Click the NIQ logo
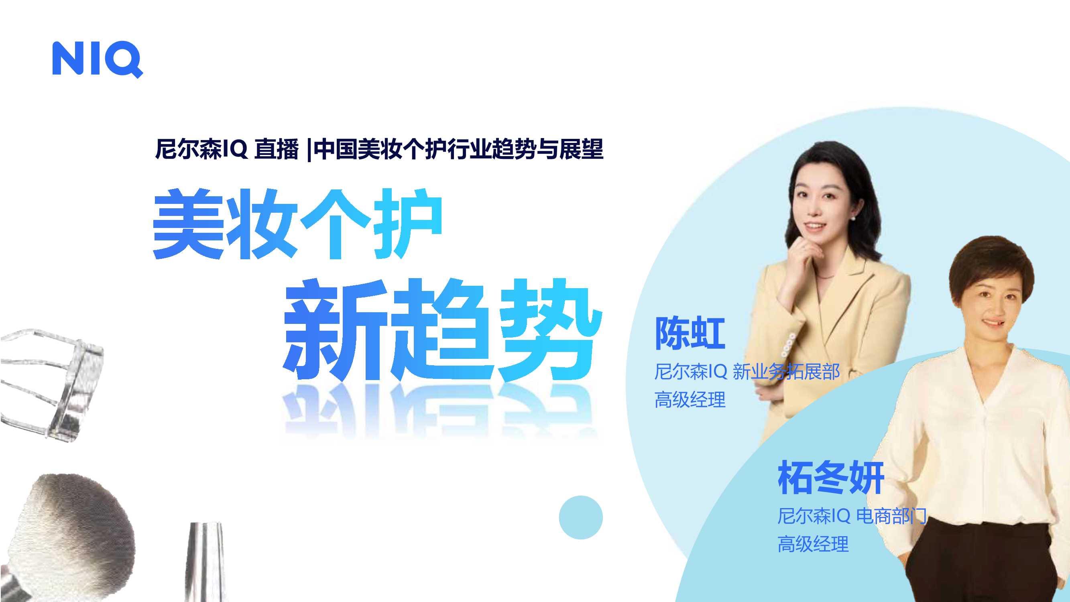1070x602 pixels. [97, 59]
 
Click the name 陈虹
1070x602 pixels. [690, 334]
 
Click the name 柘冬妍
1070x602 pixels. [831, 478]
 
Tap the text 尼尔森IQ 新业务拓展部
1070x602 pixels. [747, 371]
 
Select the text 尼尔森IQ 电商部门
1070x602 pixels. [852, 516]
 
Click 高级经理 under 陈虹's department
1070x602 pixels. [690, 400]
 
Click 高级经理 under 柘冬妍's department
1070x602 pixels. [813, 544]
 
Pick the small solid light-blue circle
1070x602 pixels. [580, 517]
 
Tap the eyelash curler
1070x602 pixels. [54, 382]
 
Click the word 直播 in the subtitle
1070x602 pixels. [276, 149]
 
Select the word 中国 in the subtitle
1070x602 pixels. [335, 149]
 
